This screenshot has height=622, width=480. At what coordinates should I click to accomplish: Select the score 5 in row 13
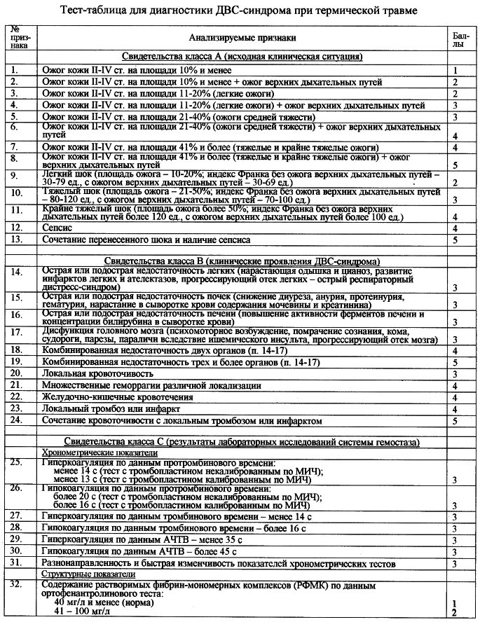pyautogui.click(x=455, y=240)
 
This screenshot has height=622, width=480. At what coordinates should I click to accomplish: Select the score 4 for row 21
pyautogui.click(x=455, y=385)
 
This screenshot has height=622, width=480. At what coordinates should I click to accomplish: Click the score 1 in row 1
pyautogui.click(x=455, y=71)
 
